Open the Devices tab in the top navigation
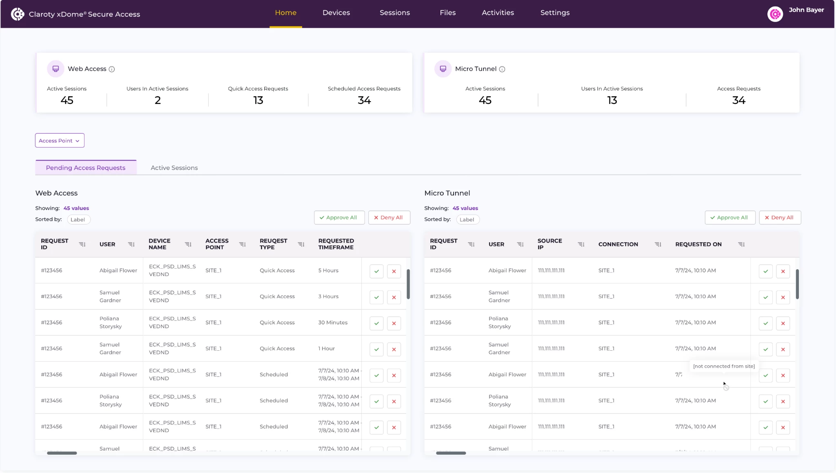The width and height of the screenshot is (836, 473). pos(336,13)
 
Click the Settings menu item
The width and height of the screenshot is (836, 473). pos(555,13)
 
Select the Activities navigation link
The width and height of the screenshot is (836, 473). pos(498,13)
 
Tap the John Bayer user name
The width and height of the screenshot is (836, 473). pos(806,10)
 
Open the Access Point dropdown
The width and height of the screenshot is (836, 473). pos(60,141)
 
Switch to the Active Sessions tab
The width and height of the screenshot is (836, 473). pos(174,168)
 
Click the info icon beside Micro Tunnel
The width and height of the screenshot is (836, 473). pos(502,69)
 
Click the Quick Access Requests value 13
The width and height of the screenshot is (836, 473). pos(258,100)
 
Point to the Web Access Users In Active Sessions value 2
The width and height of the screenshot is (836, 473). pos(158,100)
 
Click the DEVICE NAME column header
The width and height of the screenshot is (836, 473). pos(160,244)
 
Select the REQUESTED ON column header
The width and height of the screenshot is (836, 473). pos(698,244)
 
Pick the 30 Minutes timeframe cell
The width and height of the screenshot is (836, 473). pos(333,323)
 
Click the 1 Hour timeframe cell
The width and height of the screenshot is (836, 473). pos(326,349)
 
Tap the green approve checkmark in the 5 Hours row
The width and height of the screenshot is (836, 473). pos(376,271)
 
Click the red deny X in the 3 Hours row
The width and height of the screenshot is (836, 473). pos(394,297)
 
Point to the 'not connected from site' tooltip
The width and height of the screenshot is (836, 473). pos(724,366)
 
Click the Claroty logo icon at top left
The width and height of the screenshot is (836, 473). pos(18,14)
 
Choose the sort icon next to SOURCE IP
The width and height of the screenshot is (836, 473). pos(581,244)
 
